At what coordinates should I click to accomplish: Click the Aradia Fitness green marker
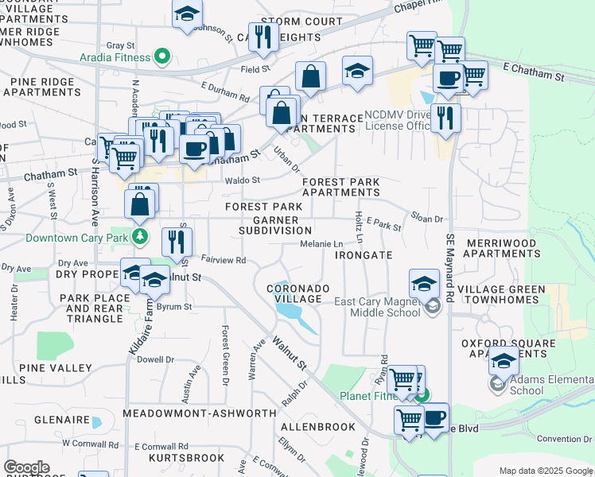162,56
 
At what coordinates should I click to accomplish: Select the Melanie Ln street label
321,244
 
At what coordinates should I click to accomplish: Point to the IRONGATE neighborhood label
364,255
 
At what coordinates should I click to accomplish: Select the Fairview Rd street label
224,259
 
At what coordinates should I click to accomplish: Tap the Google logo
26,467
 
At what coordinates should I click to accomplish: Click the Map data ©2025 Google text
546,471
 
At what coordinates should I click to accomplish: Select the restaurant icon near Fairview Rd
177,242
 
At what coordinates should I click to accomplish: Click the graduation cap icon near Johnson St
187,14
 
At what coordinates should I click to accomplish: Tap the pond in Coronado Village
294,317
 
